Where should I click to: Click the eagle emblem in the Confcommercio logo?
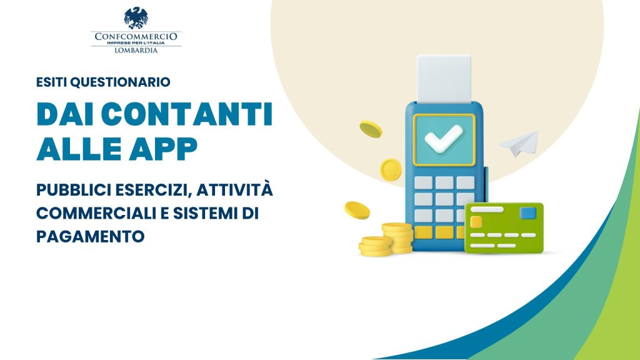[x=136, y=18]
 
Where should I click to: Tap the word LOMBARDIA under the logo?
[x=136, y=50]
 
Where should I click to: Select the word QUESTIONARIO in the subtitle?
[x=120, y=82]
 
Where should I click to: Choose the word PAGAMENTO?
[x=90, y=236]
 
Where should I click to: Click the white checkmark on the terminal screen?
[x=444, y=139]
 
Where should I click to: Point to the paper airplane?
[x=519, y=143]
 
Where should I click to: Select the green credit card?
[x=504, y=227]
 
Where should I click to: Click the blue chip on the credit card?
[x=527, y=213]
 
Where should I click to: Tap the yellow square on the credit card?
[x=476, y=222]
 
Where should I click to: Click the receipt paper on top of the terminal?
[x=444, y=79]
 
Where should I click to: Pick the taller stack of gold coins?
[x=397, y=237]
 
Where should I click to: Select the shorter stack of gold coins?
[x=376, y=246]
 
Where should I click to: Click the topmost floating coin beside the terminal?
[x=371, y=129]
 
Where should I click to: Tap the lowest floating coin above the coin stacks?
[x=357, y=210]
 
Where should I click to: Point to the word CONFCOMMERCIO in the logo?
[x=136, y=36]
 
